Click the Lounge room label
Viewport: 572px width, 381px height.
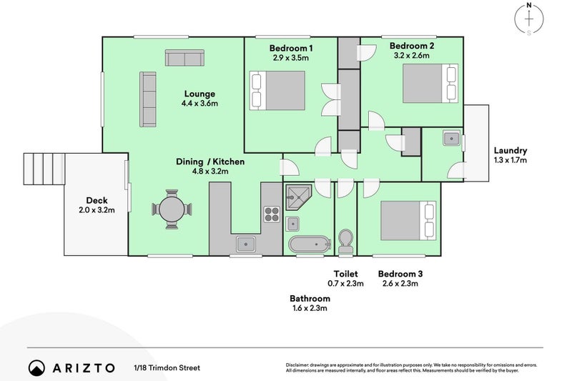point(199,94)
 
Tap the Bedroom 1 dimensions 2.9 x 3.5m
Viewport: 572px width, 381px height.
point(291,58)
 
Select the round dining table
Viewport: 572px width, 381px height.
point(172,209)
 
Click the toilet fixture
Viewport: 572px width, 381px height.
point(345,242)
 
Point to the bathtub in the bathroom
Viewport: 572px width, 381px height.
point(310,244)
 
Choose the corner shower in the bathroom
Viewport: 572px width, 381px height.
point(298,197)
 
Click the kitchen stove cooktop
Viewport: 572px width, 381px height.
point(272,214)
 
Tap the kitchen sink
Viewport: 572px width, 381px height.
point(246,244)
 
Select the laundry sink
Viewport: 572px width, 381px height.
point(452,139)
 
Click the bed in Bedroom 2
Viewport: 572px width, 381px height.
point(430,84)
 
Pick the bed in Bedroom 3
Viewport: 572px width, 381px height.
point(408,221)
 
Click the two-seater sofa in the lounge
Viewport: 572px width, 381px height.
point(184,58)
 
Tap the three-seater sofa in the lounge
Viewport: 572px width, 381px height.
point(148,99)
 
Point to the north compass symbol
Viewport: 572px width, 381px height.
point(529,19)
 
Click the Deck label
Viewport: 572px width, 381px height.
point(97,200)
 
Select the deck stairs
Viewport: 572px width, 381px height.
point(44,169)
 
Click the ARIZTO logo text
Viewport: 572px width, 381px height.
point(84,368)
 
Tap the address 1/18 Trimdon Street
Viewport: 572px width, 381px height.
point(167,368)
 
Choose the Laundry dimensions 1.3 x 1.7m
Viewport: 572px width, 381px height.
point(511,160)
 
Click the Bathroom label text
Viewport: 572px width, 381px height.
point(310,298)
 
